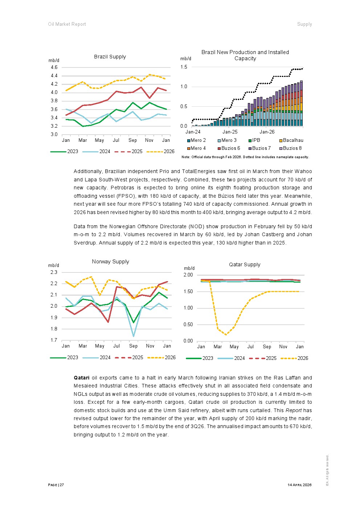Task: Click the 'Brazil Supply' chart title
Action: pos(110,57)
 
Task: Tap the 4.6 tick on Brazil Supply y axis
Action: pos(54,67)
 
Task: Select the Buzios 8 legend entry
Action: pos(290,148)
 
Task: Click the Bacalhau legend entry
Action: pos(291,140)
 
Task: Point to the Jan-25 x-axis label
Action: pos(230,132)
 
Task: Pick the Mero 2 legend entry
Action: pos(196,140)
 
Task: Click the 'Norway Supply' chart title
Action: pos(110,262)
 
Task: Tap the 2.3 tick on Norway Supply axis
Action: pos(54,272)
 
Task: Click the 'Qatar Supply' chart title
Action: pos(245,264)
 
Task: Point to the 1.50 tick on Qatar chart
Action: pos(188,292)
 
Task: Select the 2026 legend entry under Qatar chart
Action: pos(294,358)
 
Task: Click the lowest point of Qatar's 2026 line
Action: pos(226,335)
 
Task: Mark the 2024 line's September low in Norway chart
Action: pos(134,336)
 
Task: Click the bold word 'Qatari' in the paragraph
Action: pos(81,378)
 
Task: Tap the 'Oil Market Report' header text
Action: pos(67,24)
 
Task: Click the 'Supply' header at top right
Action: pos(304,24)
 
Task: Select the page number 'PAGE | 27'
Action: pos(56,485)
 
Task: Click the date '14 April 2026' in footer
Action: pos(299,485)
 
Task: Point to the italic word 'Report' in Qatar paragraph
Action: pos(294,410)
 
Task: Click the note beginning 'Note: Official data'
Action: pos(245,157)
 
